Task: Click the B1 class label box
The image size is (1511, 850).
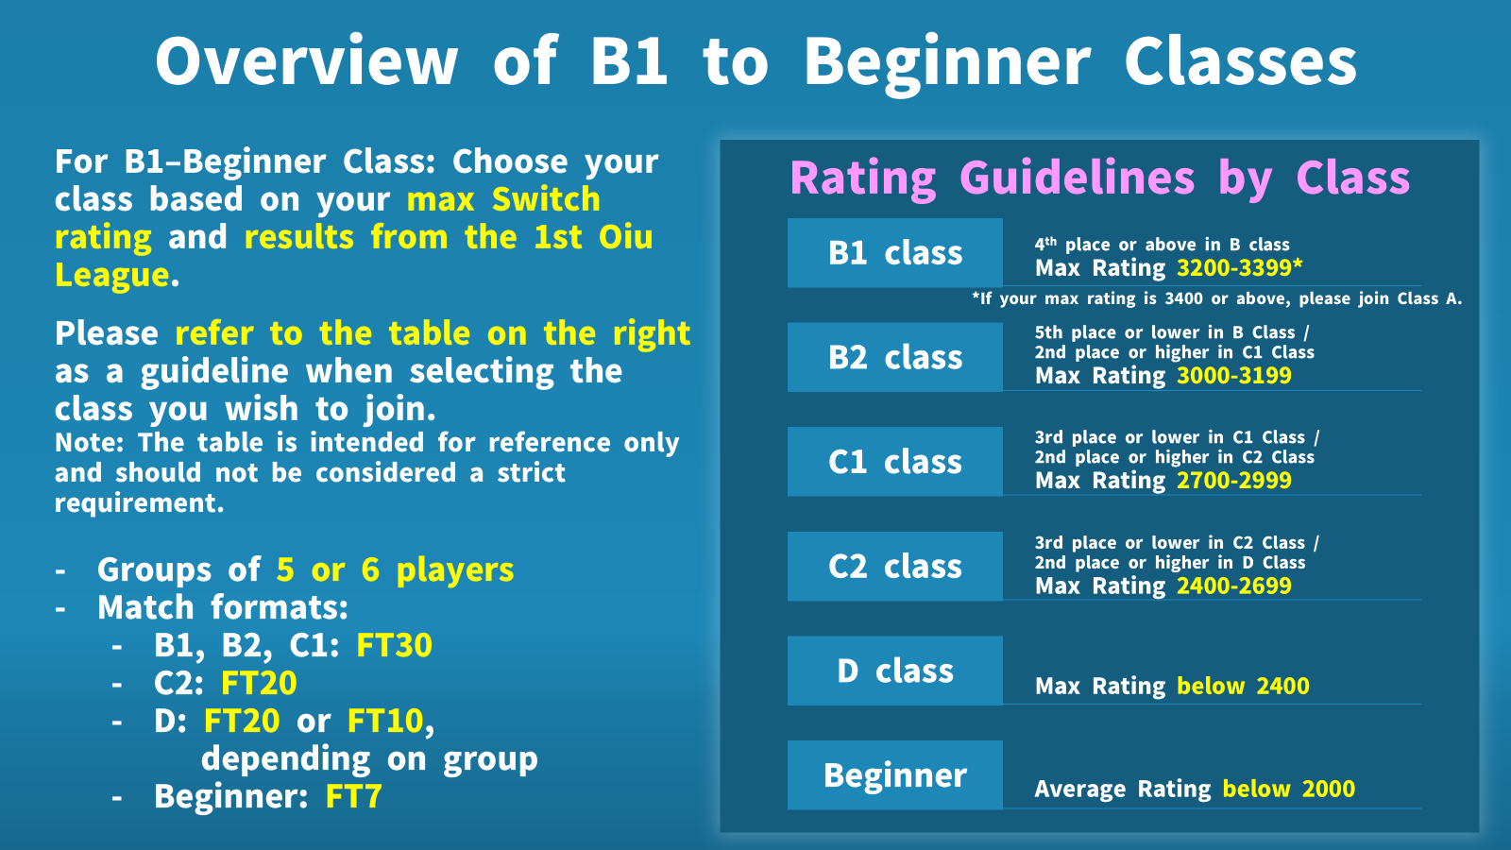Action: [894, 253]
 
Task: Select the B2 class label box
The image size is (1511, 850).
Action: [894, 358]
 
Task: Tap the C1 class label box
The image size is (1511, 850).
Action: [894, 462]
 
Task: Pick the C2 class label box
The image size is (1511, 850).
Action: [894, 567]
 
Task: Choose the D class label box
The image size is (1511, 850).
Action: [894, 671]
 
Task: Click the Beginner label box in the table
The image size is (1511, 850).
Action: [894, 775]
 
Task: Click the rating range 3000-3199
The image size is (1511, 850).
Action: [1233, 375]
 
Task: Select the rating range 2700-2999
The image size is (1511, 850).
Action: [1233, 481]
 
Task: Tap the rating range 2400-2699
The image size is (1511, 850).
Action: [1233, 586]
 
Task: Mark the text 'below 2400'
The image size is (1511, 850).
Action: [1243, 686]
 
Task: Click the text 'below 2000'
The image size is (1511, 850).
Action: [1288, 789]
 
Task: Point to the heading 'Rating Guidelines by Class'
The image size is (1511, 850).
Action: [1099, 179]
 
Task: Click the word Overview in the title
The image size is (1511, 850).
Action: [307, 60]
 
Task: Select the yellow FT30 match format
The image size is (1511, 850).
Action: [394, 646]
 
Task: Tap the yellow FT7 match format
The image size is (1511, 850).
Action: [353, 797]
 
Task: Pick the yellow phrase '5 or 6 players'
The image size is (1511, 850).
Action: [395, 570]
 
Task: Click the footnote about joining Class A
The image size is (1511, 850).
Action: [1216, 298]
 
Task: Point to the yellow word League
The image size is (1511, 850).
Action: [112, 275]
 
